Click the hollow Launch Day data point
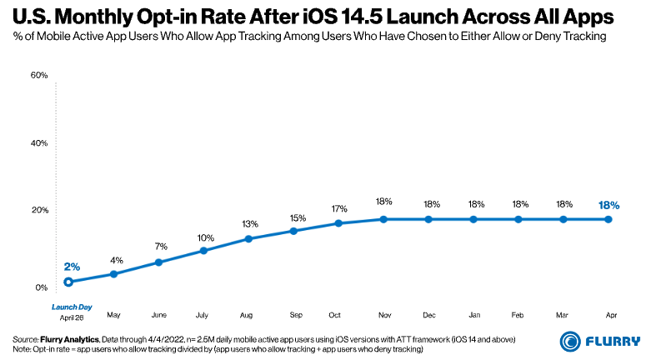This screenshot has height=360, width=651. pos(69,282)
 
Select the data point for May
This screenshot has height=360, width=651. pos(114,274)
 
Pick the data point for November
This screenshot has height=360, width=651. pos(383,219)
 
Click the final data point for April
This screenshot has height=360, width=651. pos(608,219)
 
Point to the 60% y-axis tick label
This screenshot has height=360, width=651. pos(39,76)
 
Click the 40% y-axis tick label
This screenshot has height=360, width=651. pos(39,142)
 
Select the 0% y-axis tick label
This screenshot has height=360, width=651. pos(42,288)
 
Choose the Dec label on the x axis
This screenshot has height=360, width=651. pos(428,316)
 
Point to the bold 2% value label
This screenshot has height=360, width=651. pos(72,267)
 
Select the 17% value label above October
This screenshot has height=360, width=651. pos(339,208)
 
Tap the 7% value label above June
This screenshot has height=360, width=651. pos(160,247)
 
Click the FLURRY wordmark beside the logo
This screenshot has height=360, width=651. pos(613,342)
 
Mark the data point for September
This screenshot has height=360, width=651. pos(294,230)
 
